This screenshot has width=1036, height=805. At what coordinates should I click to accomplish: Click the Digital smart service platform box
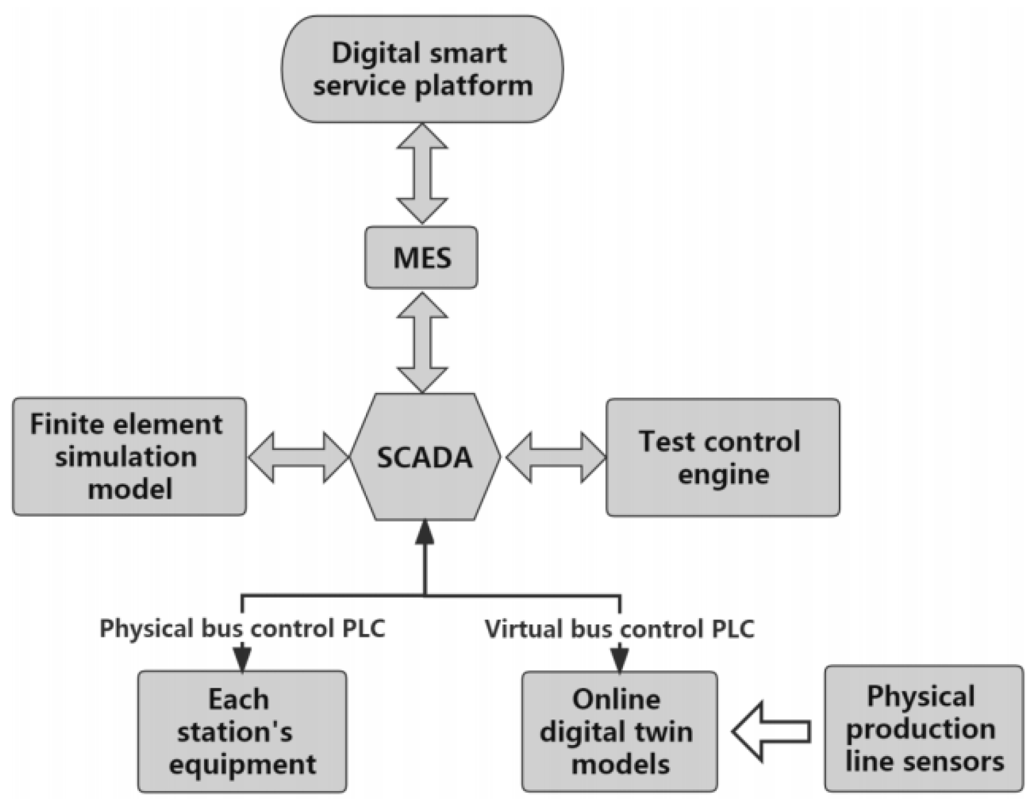click(422, 69)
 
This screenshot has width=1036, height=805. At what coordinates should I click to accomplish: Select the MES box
click(421, 257)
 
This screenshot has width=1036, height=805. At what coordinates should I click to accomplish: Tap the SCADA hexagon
click(425, 457)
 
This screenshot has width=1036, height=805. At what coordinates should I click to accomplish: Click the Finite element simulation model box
click(129, 456)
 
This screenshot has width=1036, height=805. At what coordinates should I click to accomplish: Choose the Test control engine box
click(722, 458)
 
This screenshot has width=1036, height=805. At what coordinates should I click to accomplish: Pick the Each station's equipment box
click(242, 731)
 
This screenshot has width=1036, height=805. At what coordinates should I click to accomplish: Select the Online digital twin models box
click(619, 731)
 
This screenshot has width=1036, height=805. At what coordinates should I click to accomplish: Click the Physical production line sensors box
click(923, 729)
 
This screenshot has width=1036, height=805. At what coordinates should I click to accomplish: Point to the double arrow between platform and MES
click(422, 173)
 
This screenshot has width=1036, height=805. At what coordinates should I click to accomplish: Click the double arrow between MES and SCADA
click(422, 342)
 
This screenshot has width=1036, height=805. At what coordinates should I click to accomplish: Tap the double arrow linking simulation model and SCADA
click(298, 457)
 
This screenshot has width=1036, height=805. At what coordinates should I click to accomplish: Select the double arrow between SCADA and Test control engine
click(556, 457)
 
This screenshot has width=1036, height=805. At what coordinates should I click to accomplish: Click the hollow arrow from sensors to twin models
click(771, 732)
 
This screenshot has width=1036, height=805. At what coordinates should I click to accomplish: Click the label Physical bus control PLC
click(242, 629)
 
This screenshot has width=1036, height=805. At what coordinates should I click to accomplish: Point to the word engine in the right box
click(723, 474)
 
